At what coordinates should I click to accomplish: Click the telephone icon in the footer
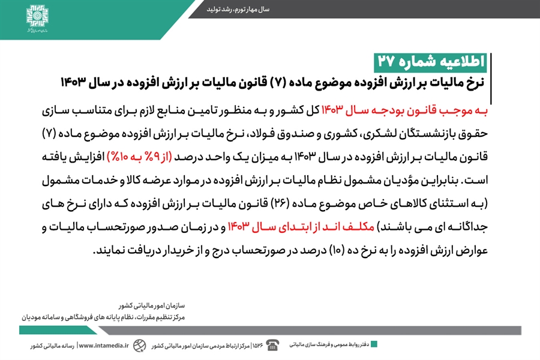pos(272,344)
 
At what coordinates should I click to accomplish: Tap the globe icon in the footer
pos(140,345)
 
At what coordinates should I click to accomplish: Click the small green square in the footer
pos(374,344)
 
